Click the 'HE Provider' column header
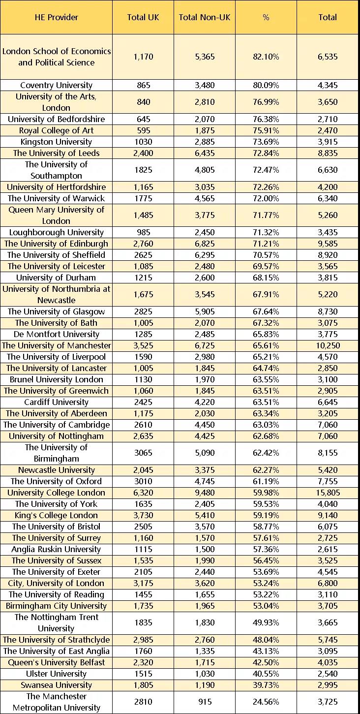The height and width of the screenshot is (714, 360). (x=56, y=17)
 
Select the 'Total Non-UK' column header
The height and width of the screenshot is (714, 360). (x=205, y=17)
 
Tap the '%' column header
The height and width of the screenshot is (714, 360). (x=266, y=17)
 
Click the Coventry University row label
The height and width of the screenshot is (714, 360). (x=56, y=85)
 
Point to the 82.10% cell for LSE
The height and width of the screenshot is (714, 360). (x=266, y=57)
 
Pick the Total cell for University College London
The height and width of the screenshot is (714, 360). (x=328, y=493)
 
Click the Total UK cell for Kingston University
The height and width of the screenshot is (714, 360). (x=143, y=142)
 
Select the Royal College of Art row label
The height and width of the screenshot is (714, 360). (x=56, y=130)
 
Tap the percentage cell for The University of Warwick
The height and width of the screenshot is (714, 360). (x=266, y=198)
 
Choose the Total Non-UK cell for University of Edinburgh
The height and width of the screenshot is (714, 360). (x=205, y=244)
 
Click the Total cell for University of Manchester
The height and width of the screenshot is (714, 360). (x=328, y=345)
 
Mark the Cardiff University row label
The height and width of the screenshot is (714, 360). (x=56, y=402)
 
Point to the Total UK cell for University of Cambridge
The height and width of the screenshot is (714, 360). (x=143, y=425)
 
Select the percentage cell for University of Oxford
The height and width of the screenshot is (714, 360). (x=266, y=481)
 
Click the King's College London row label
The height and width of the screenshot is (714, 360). (x=56, y=515)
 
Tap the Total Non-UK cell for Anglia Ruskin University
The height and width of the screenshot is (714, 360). (x=205, y=549)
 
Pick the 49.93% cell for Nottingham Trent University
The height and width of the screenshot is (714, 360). (x=266, y=622)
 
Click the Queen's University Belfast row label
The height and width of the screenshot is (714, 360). (x=56, y=662)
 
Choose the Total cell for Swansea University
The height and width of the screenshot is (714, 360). (x=328, y=685)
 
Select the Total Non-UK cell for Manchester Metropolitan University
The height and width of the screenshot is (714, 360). (x=205, y=702)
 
